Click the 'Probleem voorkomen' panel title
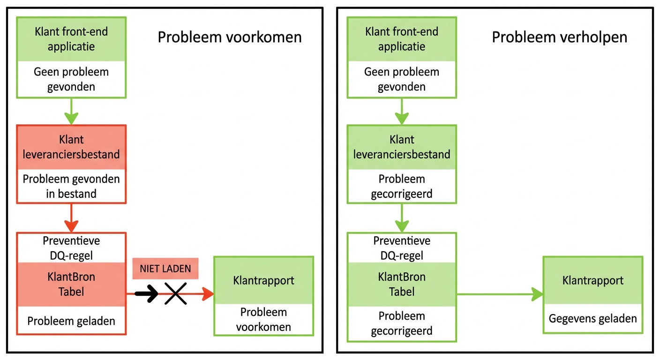click(x=229, y=37)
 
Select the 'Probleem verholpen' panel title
click(x=559, y=37)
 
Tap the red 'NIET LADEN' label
click(x=165, y=269)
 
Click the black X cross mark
click(x=176, y=294)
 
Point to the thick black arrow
click(x=147, y=294)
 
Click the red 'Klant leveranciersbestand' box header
click(x=71, y=147)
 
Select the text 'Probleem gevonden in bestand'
click(x=71, y=186)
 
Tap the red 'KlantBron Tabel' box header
click(x=71, y=284)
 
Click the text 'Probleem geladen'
click(x=71, y=321)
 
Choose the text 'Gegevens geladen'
click(x=592, y=319)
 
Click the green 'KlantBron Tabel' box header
click(x=402, y=284)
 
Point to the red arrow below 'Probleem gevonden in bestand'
click(x=71, y=218)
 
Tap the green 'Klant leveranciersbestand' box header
click(x=402, y=147)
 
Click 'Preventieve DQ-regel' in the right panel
click(x=402, y=248)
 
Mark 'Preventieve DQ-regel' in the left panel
click(x=71, y=248)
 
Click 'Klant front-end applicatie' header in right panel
click(x=402, y=39)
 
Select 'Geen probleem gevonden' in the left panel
click(x=71, y=79)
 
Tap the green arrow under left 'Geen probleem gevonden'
click(x=71, y=111)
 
